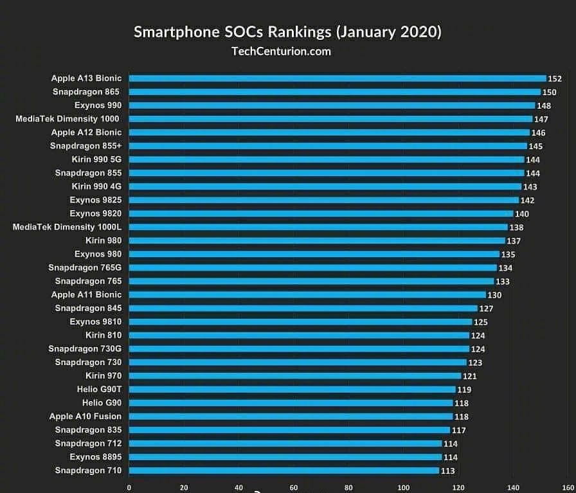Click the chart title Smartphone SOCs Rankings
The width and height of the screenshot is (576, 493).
pos(287,32)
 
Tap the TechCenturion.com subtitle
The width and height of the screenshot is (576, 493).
pos(281,51)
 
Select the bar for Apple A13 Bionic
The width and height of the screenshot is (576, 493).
pos(337,78)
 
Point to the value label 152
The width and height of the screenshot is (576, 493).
pos(555,78)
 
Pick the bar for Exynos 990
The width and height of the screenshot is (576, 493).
pos(332,105)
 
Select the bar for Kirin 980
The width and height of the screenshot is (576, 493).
pos(317,240)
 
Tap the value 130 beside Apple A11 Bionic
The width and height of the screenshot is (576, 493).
pos(494,295)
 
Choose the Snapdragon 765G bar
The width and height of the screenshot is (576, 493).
pos(313,267)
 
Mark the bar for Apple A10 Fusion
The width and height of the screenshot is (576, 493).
pos(291,417)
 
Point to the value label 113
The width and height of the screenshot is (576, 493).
pos(448,471)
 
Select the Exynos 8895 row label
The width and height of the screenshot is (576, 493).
pos(96,457)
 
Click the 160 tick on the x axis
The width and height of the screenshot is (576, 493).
pos(568,487)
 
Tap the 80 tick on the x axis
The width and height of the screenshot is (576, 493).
pos(348,487)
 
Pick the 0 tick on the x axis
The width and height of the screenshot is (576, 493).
pos(129,487)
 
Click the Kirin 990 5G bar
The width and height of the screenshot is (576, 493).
pos(327,159)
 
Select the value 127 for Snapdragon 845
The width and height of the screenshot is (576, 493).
pos(486,309)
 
